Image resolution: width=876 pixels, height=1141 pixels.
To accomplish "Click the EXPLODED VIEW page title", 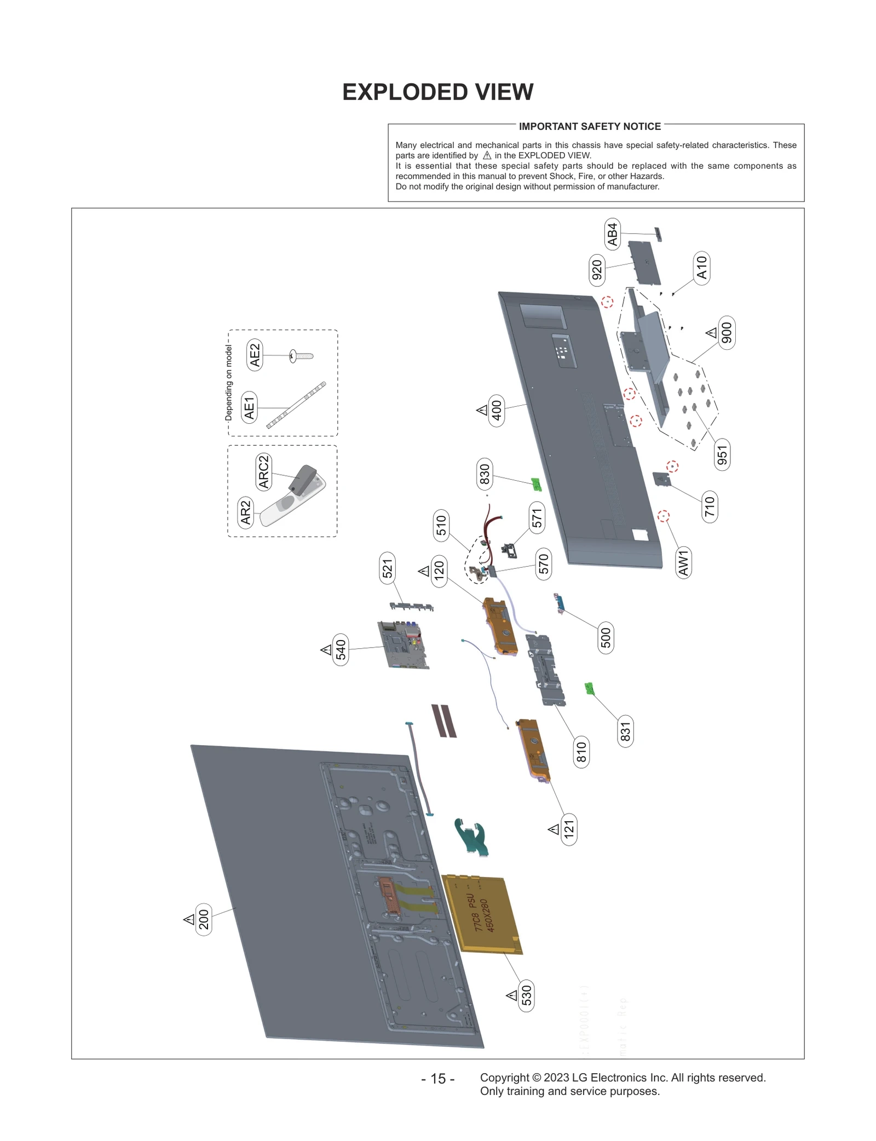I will click(x=437, y=92).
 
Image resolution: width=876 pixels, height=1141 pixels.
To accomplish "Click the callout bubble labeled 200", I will click(x=204, y=919).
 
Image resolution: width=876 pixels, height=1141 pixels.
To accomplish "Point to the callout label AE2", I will click(x=255, y=355).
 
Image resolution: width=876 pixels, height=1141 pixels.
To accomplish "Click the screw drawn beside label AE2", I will click(x=301, y=356).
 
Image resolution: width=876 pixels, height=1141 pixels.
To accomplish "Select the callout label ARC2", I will click(x=264, y=471).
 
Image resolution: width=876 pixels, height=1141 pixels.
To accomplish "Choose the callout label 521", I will click(x=388, y=568).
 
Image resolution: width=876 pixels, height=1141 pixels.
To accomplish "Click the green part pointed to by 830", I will click(x=536, y=484).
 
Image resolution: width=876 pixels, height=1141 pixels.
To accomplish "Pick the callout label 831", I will click(x=625, y=731).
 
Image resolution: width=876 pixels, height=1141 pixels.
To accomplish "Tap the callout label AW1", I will click(x=683, y=563).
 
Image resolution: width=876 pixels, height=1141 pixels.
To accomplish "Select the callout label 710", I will click(x=710, y=506).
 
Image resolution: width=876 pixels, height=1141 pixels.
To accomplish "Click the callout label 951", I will click(x=722, y=455).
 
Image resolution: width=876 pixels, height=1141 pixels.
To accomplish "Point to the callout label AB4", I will click(x=612, y=234).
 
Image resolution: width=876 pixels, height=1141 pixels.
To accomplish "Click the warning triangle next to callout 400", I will click(x=482, y=410).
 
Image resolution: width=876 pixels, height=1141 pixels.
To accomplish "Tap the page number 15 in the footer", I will click(x=437, y=1078).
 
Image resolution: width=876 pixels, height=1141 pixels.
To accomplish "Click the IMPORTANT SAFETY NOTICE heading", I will click(x=590, y=126).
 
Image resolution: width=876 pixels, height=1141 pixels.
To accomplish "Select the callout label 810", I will click(x=581, y=752).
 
